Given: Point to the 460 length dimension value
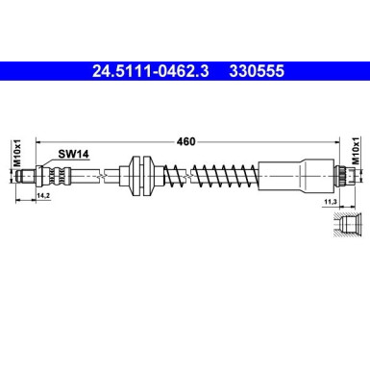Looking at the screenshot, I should pos(185,142).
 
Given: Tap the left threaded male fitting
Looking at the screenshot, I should pos(43,175).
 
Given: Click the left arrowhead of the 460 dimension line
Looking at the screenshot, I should pos(38,142).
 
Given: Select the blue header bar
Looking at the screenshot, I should pos(185,70).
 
